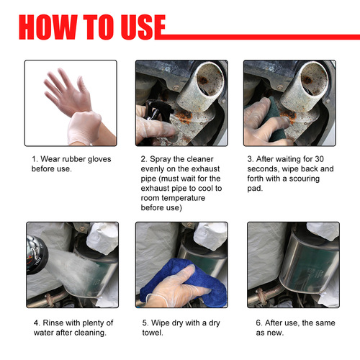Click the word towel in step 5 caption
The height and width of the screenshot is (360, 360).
click(152, 333)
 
